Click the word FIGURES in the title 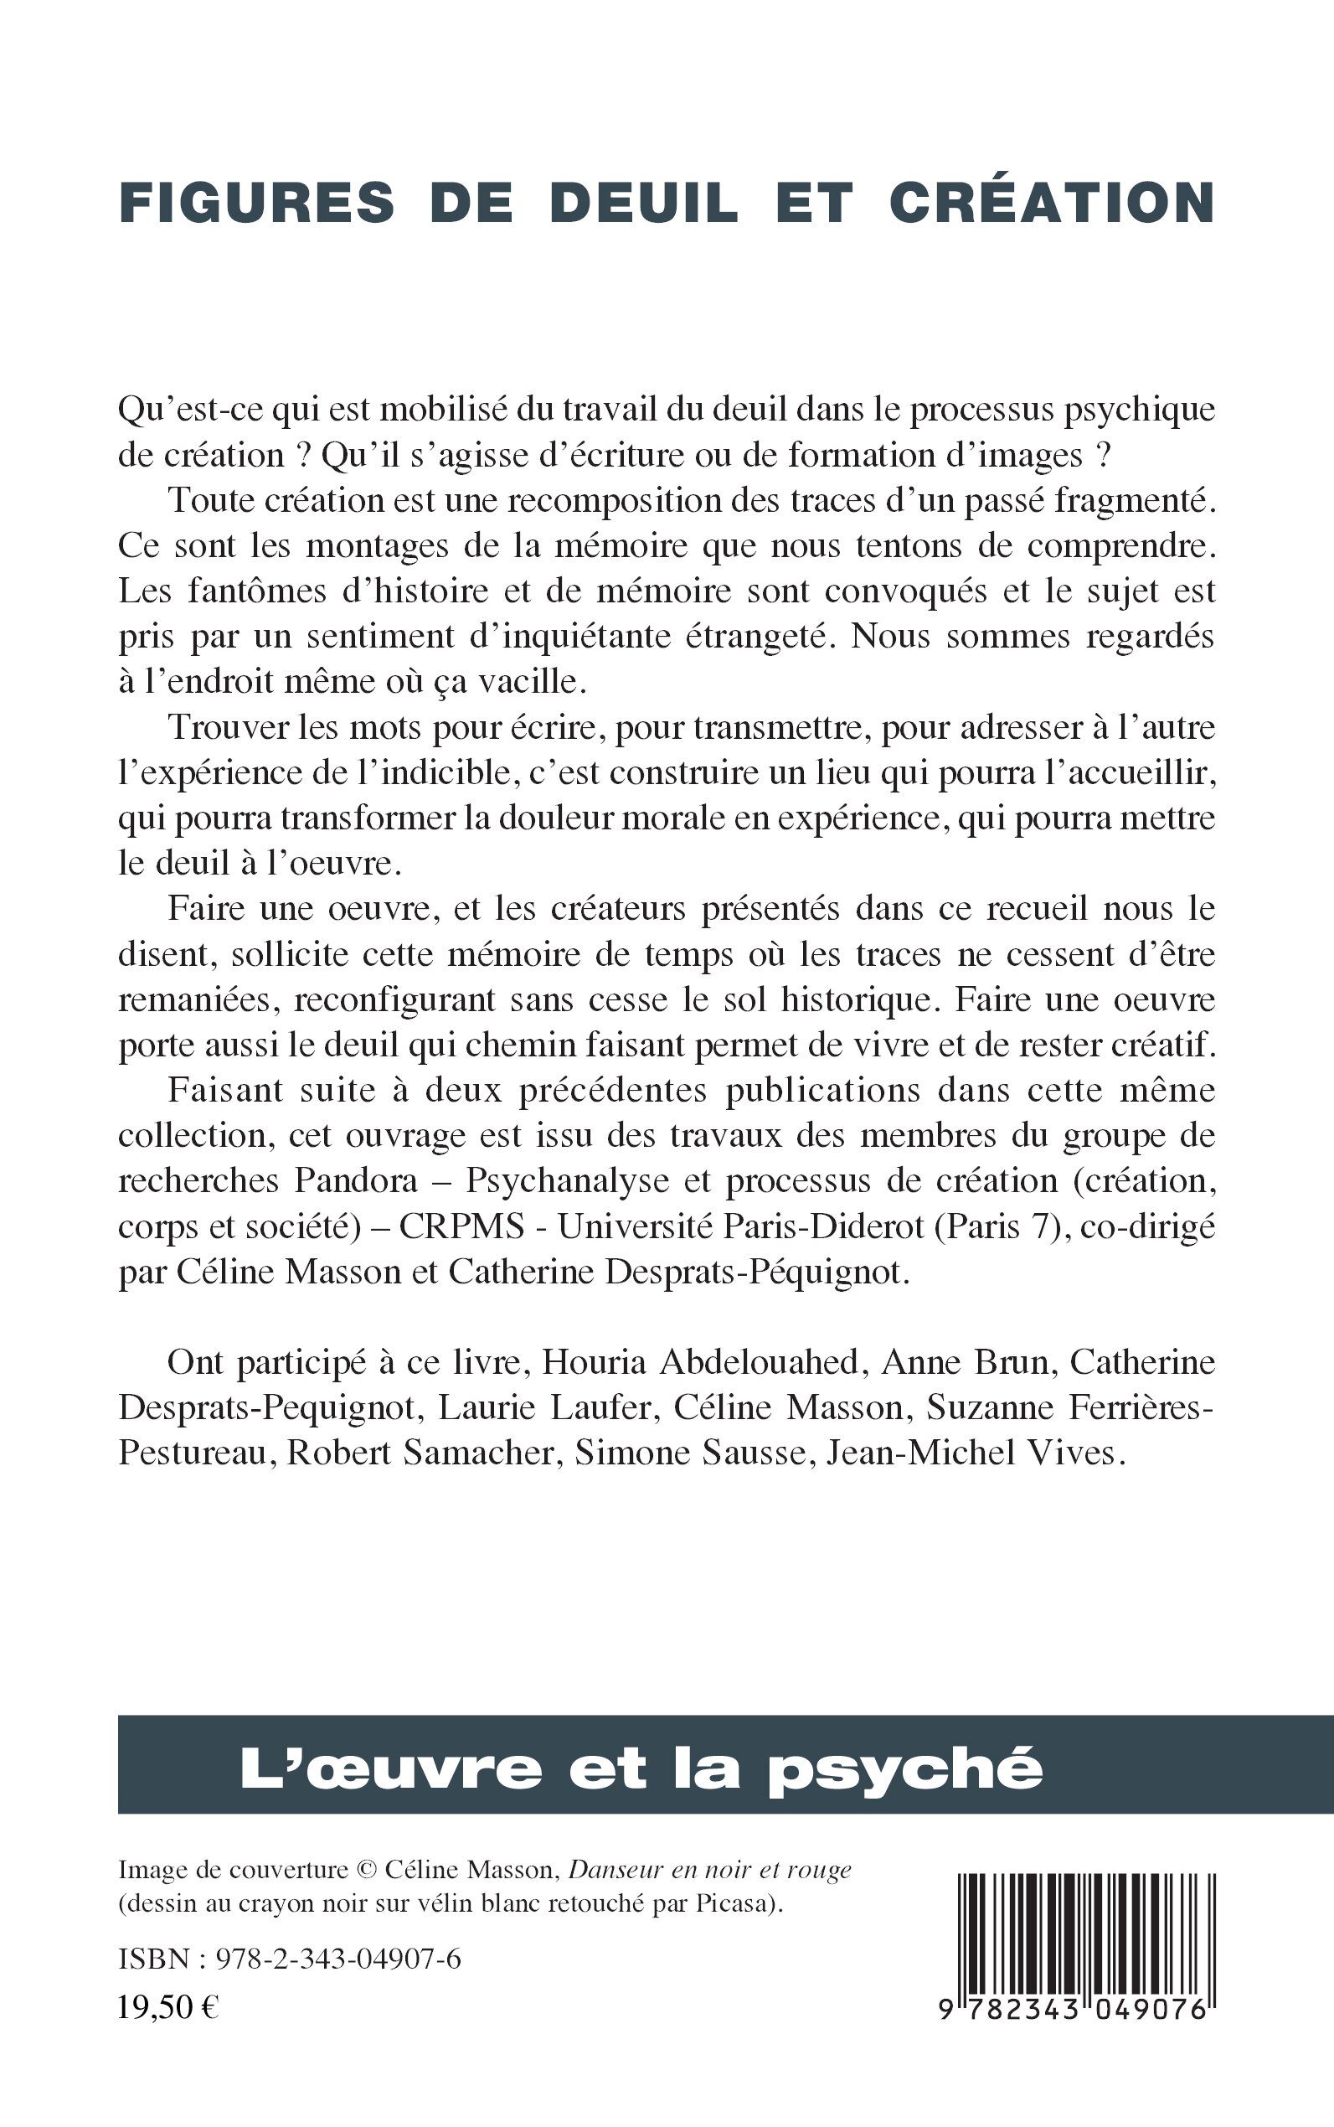coord(257,202)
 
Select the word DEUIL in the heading coord(643,202)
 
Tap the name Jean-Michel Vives coord(975,1453)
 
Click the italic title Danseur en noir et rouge coord(710,1869)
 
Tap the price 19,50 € coord(168,2008)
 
